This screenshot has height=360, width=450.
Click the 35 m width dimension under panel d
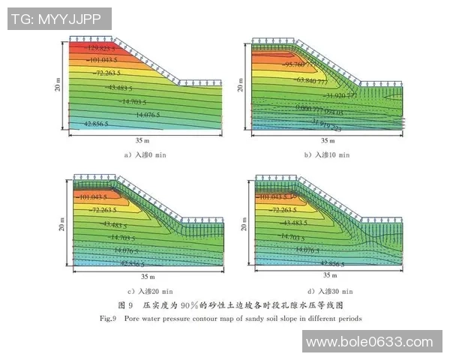pyautogui.click(x=328, y=276)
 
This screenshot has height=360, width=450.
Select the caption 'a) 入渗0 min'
pyautogui.click(x=142, y=155)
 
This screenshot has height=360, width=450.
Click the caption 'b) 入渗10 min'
pyautogui.click(x=327, y=155)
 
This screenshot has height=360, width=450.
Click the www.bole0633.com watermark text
pyautogui.click(x=372, y=341)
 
